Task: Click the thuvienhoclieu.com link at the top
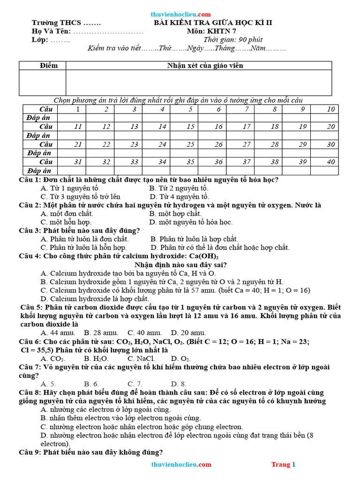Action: [x=181, y=14]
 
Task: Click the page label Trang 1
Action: [x=283, y=465]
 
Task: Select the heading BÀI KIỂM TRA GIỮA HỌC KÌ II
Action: [x=213, y=22]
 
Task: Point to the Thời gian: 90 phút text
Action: [x=232, y=39]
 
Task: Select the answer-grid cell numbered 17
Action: [x=246, y=127]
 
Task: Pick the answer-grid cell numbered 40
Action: [x=331, y=162]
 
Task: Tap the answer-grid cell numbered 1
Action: [x=78, y=109]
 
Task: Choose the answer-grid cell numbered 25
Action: [x=190, y=144]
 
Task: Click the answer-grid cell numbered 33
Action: [x=134, y=162]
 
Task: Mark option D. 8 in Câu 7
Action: [x=179, y=384]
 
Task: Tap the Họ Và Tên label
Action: [x=51, y=31]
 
